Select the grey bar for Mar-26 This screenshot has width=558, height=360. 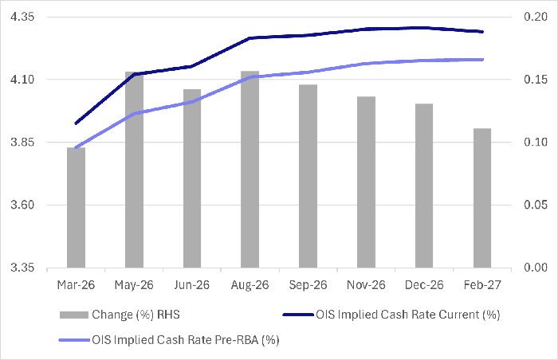pyautogui.click(x=76, y=208)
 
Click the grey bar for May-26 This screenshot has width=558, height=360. pyautogui.click(x=134, y=170)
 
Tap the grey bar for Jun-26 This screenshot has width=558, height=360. pyautogui.click(x=192, y=178)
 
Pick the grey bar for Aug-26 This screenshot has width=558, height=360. pyautogui.click(x=250, y=170)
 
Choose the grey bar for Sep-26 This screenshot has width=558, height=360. pyautogui.click(x=308, y=176)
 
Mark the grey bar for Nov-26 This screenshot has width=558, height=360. pyautogui.click(x=366, y=182)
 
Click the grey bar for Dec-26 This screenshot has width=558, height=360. pyautogui.click(x=424, y=186)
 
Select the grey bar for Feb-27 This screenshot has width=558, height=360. pyautogui.click(x=481, y=198)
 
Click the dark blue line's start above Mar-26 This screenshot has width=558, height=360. pyautogui.click(x=76, y=123)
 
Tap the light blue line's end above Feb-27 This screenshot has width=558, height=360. pyautogui.click(x=481, y=59)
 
